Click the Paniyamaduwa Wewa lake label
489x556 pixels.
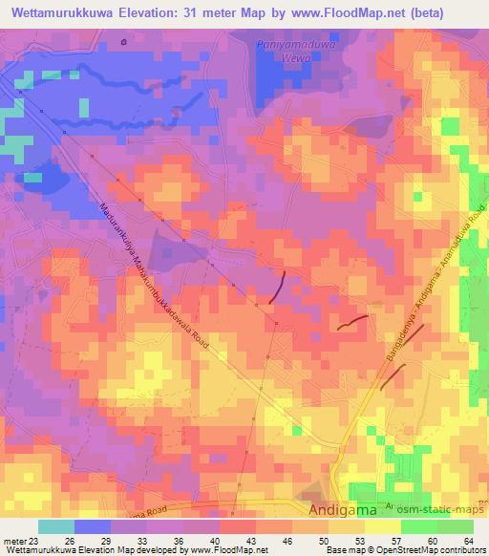pyautogui.click(x=287, y=50)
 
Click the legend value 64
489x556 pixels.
pyautogui.click(x=468, y=540)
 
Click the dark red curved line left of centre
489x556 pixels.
pyautogui.click(x=278, y=289)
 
